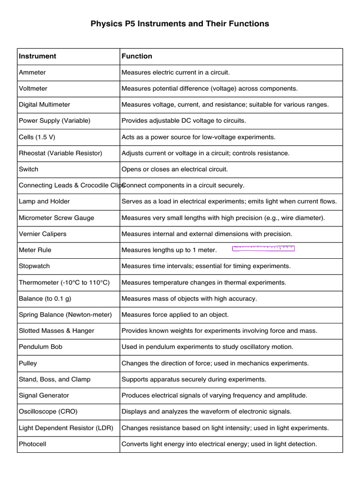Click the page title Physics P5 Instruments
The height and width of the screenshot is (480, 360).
[180, 23]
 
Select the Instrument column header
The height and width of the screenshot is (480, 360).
[37, 56]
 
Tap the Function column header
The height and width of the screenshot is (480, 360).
[137, 56]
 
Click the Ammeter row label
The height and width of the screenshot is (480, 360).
[32, 73]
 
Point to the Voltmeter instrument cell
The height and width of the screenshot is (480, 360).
[33, 89]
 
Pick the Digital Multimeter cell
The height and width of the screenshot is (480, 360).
[45, 105]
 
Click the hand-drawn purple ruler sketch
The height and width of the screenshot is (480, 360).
[263, 248]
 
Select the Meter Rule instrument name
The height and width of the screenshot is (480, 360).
[35, 250]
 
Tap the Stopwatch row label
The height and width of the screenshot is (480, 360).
[34, 266]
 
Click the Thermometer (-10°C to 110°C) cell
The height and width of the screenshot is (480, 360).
[64, 283]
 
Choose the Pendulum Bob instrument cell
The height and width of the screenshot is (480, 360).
[40, 347]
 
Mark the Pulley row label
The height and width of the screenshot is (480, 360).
[28, 363]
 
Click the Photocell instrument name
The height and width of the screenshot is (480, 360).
[32, 444]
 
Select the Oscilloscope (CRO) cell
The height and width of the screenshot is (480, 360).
[48, 412]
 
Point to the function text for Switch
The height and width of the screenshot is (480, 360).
[174, 169]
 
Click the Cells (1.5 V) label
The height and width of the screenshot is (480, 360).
[40, 137]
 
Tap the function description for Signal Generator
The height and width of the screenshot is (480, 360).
[214, 396]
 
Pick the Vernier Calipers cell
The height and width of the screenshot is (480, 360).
[43, 234]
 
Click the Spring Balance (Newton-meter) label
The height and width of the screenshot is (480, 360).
[65, 315]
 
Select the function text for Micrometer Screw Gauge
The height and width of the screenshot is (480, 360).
[223, 218]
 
